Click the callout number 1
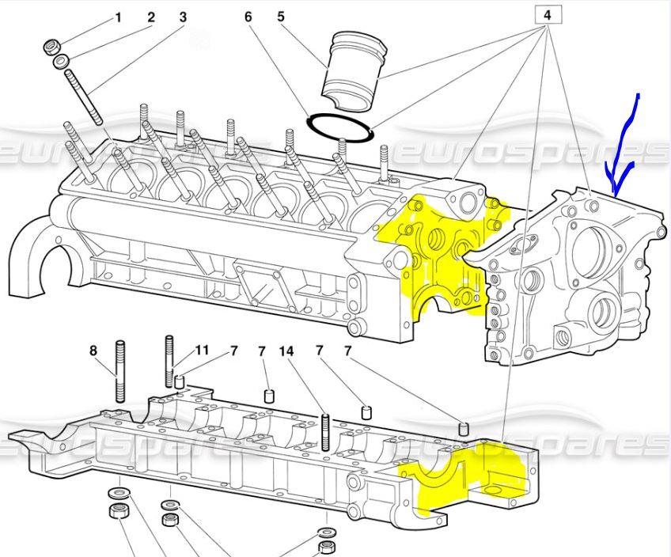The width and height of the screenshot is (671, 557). coord(119,17)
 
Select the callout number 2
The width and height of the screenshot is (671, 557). coord(151,17)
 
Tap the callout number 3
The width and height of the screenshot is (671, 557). coord(183,17)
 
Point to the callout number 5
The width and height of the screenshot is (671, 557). coord(281,17)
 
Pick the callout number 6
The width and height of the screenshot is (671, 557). coord(248,17)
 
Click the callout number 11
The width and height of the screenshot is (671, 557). coord(203,350)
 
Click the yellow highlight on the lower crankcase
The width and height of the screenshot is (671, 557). coord(467,475)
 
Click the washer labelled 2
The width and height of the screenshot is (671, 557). coord(60,62)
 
